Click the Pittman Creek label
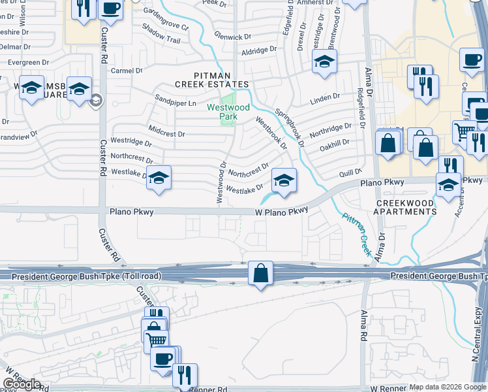(x=355, y=235)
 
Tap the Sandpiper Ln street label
(x=175, y=103)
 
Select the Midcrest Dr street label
(x=167, y=133)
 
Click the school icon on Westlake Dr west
(x=159, y=178)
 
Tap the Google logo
(x=22, y=384)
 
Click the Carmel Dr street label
(x=127, y=71)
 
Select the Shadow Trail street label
(x=160, y=39)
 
